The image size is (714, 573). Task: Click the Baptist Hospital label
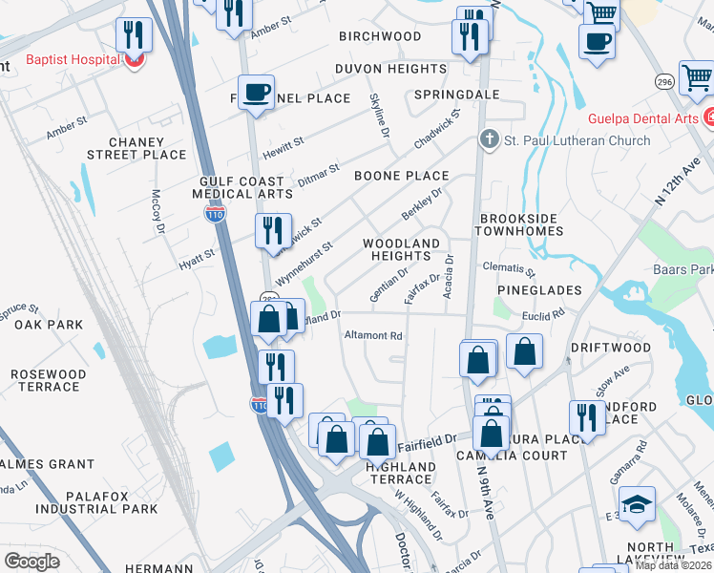[72, 59]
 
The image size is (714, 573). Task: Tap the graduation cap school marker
[637, 503]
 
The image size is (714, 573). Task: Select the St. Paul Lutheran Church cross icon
[490, 140]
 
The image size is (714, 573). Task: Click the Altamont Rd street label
[373, 336]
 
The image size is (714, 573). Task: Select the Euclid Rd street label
[544, 312]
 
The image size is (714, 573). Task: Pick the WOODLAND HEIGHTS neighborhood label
[402, 249]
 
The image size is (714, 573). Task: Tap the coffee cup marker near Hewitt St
[256, 93]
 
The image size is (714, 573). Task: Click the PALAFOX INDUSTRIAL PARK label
[97, 501]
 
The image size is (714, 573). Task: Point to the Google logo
[31, 562]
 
